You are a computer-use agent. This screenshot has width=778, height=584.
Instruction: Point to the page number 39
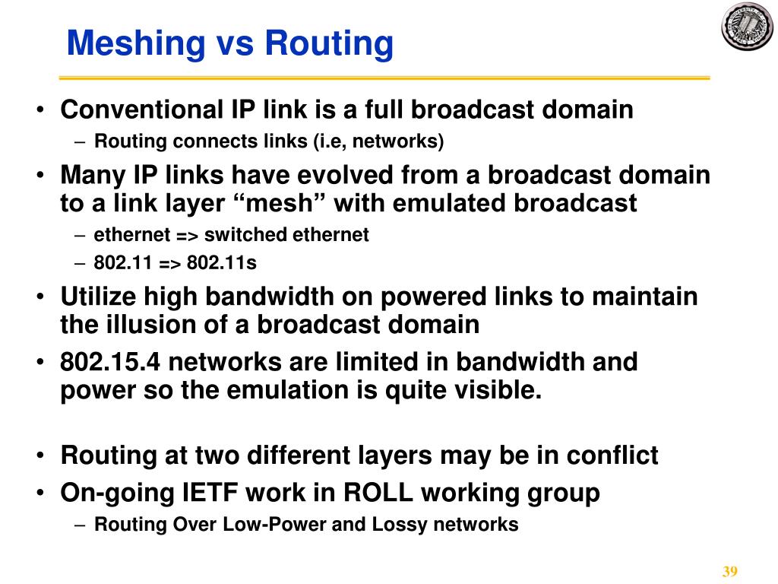730,572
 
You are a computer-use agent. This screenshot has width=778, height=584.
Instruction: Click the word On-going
118,493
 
